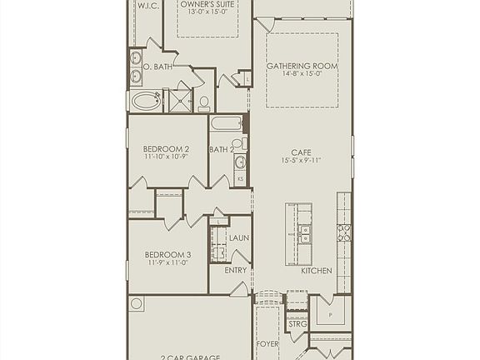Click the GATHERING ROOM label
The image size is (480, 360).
[x=302, y=65]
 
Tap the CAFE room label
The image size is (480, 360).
[x=302, y=152]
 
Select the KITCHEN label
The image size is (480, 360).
[x=317, y=271]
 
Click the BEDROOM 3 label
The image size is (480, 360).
[x=167, y=254]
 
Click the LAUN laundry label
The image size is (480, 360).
[x=238, y=239]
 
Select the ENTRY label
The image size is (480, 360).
[x=236, y=270]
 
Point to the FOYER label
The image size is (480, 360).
[x=267, y=343]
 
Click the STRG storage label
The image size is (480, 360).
[x=297, y=323]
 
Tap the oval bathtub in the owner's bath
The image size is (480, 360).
[x=147, y=102]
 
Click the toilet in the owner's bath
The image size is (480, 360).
[x=204, y=103]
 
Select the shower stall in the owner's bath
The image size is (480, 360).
[x=180, y=101]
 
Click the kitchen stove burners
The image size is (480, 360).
[x=343, y=232]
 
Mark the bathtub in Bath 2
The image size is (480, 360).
[x=226, y=124]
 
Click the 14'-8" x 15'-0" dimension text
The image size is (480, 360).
[x=302, y=73]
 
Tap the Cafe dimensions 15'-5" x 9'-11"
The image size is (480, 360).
[x=302, y=162]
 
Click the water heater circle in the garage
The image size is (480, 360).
[x=137, y=304]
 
